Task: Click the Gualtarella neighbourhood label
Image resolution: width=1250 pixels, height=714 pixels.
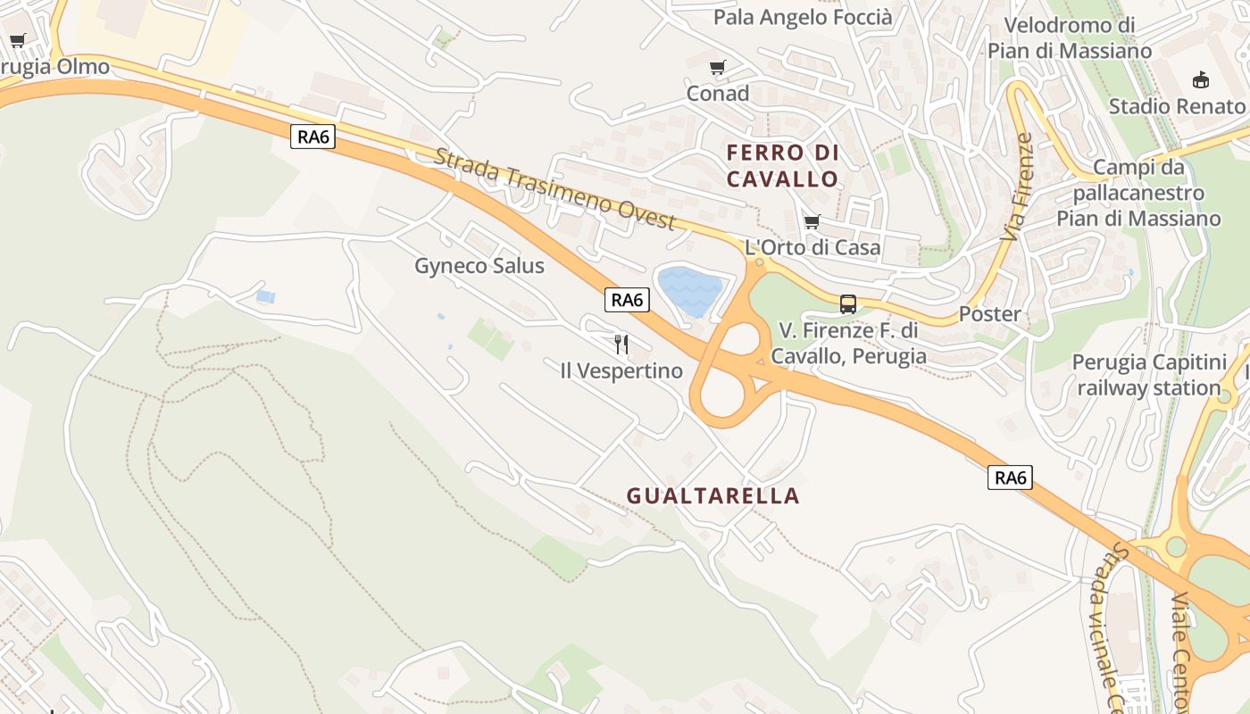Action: tap(712, 495)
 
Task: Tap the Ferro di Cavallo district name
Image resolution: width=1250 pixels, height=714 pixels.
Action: tap(783, 165)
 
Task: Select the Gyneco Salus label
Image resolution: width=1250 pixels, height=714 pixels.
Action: tap(479, 266)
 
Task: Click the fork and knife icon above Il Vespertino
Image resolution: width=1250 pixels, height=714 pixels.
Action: tap(621, 344)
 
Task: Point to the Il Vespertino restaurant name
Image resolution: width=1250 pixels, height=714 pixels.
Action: tap(621, 370)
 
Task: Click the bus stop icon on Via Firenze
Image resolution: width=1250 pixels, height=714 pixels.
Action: tap(848, 303)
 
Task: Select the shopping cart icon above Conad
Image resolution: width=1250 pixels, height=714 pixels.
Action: tap(717, 68)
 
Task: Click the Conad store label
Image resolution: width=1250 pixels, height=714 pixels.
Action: tap(718, 93)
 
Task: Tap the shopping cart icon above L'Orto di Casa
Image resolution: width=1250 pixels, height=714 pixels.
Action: tap(812, 221)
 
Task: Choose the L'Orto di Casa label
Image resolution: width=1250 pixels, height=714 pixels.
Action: tap(812, 247)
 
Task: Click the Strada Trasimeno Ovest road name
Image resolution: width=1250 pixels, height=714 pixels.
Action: tap(555, 189)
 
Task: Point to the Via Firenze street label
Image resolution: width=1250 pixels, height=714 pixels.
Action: tap(1017, 187)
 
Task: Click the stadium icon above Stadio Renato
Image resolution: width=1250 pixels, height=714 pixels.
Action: tap(1201, 80)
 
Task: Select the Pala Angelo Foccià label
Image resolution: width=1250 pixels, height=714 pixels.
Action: tap(803, 17)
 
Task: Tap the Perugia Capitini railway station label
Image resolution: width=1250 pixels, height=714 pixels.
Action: tap(1149, 375)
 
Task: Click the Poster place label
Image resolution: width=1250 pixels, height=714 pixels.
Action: tap(989, 314)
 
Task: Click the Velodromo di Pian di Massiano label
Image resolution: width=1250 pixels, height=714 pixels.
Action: tap(1070, 37)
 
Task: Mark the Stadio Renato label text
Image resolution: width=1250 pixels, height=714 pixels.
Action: tap(1177, 106)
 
